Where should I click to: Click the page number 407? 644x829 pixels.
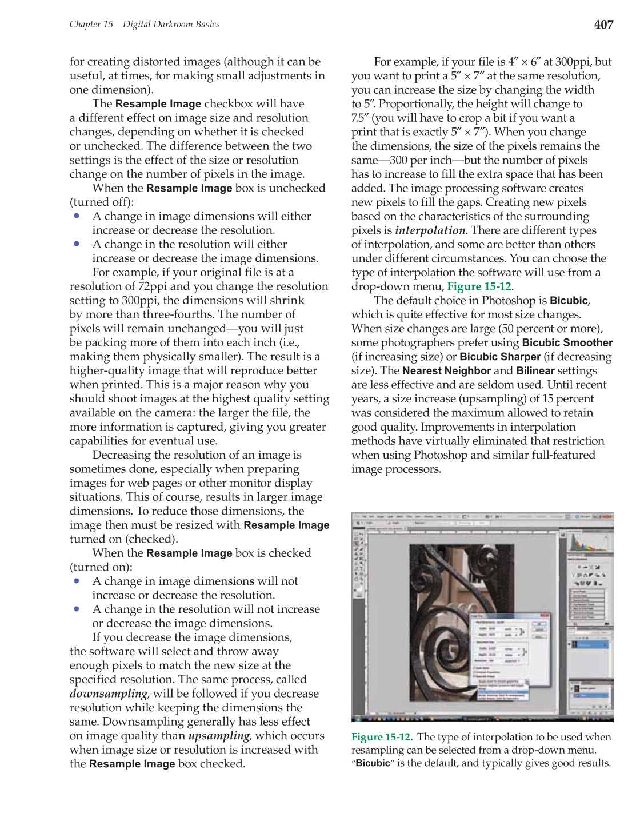[x=603, y=25]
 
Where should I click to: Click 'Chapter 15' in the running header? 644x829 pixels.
[x=91, y=25]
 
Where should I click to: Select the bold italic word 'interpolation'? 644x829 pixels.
[x=430, y=230]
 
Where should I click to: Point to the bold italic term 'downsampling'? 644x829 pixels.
[x=108, y=694]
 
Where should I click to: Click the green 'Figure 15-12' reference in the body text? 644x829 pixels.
[x=479, y=286]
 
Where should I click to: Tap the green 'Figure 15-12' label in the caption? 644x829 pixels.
[x=381, y=737]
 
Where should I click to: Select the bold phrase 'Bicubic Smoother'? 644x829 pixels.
[x=567, y=343]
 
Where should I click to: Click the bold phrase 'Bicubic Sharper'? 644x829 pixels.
[x=500, y=357]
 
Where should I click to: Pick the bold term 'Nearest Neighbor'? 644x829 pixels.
[x=446, y=371]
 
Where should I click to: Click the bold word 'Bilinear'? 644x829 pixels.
[x=535, y=371]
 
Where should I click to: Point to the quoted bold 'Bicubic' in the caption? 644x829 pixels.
[x=373, y=764]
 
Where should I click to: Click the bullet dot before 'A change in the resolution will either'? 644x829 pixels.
[x=77, y=244]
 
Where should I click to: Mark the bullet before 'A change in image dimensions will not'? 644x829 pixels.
[x=77, y=581]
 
